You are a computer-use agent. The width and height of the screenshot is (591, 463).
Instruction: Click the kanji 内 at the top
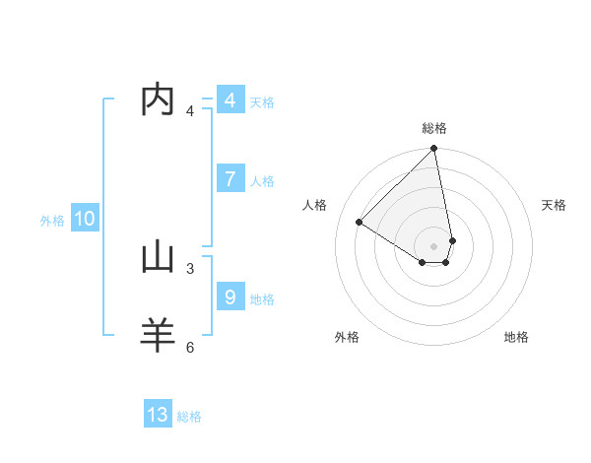159,100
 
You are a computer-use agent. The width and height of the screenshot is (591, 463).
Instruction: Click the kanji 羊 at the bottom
159,335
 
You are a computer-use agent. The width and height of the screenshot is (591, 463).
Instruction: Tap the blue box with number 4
230,100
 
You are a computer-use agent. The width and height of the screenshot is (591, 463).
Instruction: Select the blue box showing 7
230,179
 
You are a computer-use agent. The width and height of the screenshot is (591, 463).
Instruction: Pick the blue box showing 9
230,297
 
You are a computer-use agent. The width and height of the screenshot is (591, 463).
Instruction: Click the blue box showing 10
84,219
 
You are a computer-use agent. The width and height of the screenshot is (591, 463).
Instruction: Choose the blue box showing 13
158,415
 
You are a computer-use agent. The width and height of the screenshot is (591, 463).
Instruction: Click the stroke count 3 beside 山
190,267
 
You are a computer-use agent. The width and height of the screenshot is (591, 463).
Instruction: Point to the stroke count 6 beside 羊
190,346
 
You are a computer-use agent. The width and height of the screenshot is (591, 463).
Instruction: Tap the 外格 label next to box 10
52,221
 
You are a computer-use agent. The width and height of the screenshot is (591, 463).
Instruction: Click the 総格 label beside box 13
189,417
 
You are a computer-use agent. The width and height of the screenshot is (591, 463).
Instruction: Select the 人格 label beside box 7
262,181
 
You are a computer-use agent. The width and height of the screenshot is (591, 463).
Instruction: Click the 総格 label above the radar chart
434,128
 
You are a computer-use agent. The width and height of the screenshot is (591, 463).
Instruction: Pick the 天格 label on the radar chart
555,205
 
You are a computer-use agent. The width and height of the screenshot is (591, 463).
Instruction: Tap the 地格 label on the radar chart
516,337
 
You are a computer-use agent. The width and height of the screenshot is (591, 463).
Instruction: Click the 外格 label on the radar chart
347,337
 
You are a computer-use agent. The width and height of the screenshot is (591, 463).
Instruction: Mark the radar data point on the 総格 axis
434,149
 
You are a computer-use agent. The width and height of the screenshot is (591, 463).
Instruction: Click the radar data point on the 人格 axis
360,222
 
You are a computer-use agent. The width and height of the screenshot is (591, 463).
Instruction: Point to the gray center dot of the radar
434,245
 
